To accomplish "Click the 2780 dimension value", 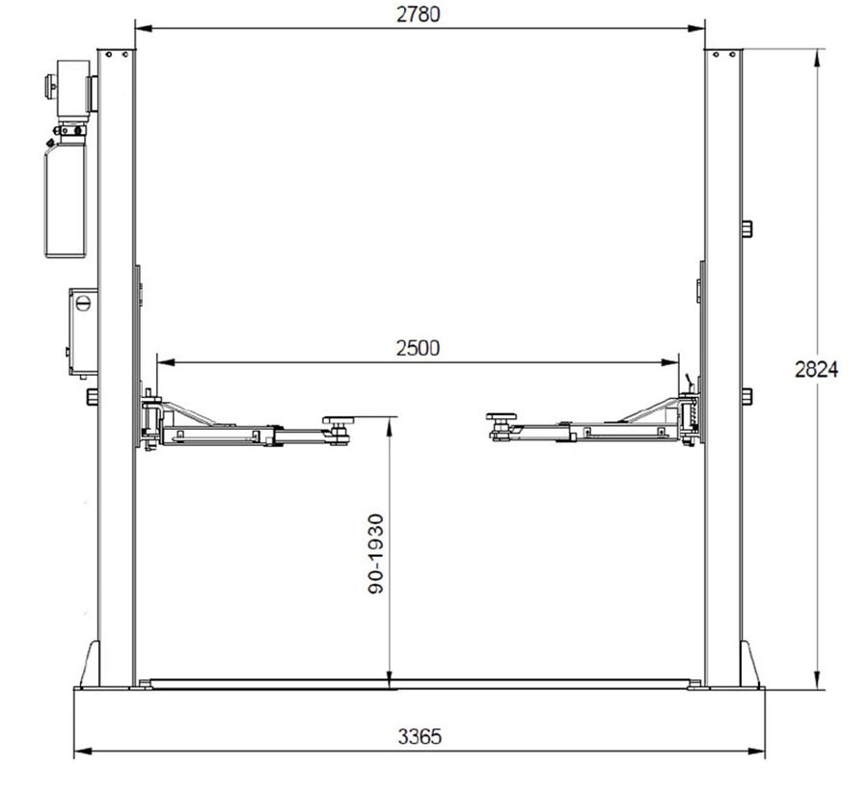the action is (419, 14).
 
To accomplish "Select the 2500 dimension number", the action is (418, 349).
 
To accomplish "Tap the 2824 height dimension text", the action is (817, 369).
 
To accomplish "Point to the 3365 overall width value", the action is (420, 736).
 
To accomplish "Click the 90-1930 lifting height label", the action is (376, 553).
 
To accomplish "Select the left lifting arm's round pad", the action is (339, 420).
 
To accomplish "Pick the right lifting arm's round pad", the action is (502, 416).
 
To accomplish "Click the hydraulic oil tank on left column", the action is (66, 199).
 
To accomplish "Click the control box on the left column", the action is (83, 331).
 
